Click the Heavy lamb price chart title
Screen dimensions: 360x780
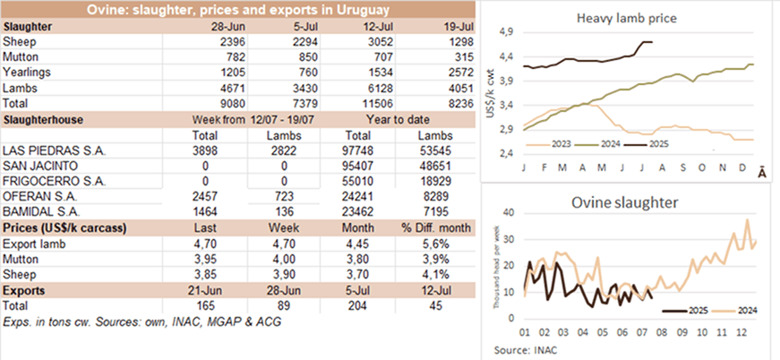click(x=627, y=18)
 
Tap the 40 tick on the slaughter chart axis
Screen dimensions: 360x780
click(x=510, y=213)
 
